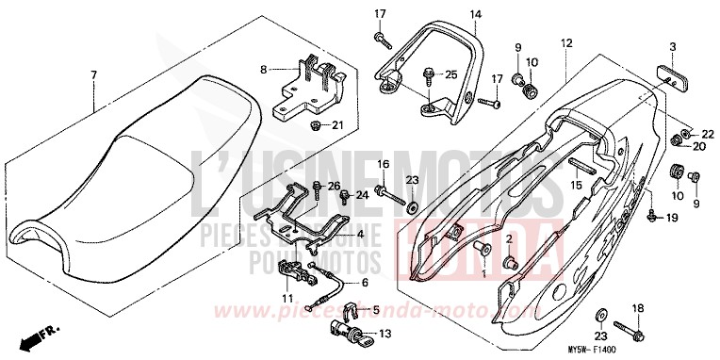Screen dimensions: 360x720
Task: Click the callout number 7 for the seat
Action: (x=93, y=74)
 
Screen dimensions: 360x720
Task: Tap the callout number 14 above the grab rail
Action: (x=475, y=14)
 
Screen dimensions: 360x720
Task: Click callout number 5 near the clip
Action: (x=375, y=309)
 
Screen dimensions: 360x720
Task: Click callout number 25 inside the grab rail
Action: (x=450, y=74)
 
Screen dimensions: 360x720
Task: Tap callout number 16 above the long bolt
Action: (x=384, y=164)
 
